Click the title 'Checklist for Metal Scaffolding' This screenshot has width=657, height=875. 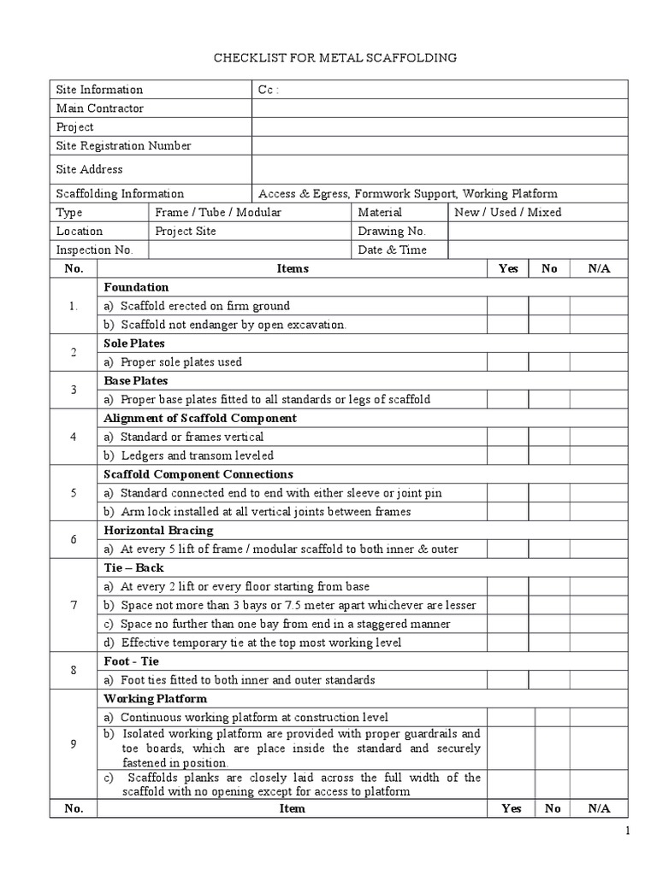pos(334,57)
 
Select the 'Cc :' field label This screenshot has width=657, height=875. pos(269,90)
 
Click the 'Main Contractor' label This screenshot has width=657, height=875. pos(100,109)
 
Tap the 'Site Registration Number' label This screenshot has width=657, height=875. pos(124,146)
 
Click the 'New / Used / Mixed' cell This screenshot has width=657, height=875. pos(508,213)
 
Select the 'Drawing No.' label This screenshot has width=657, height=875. pos(391,232)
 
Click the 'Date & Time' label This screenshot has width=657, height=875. pos(392,250)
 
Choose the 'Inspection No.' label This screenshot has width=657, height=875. pos(95,250)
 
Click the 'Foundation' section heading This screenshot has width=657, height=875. pos(136,287)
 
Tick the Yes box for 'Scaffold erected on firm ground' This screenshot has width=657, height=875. pos(507,306)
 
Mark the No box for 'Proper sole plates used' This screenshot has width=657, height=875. pos(549,361)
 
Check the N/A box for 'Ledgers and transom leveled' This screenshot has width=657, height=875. pos(599,455)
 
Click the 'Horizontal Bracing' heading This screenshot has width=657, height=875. pos(151,531)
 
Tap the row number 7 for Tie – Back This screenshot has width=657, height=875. pos(74,605)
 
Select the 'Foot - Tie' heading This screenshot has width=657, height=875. pos(132,661)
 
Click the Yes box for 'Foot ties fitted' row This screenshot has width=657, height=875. pos(507,680)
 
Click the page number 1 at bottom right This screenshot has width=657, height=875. pos(627,831)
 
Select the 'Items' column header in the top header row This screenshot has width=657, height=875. pos(293,268)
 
